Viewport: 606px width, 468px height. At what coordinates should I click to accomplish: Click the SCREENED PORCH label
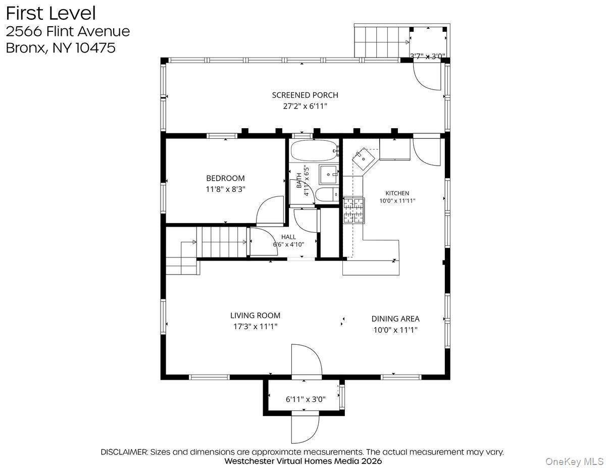pyautogui.click(x=305, y=95)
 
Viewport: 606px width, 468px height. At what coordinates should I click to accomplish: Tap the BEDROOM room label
pyautogui.click(x=225, y=178)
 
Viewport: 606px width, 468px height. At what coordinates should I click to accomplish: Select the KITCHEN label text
pyautogui.click(x=397, y=193)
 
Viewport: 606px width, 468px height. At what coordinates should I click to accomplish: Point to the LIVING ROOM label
pyautogui.click(x=255, y=315)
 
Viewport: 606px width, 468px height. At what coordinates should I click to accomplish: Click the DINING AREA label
pyautogui.click(x=395, y=319)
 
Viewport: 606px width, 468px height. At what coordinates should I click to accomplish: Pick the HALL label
pyautogui.click(x=288, y=237)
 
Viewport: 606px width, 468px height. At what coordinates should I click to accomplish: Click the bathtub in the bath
pyautogui.click(x=314, y=150)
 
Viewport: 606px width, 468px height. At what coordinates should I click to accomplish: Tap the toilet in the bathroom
pyautogui.click(x=328, y=194)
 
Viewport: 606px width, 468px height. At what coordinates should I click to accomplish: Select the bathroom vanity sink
pyautogui.click(x=329, y=175)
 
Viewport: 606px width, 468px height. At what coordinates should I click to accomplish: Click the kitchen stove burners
pyautogui.click(x=353, y=211)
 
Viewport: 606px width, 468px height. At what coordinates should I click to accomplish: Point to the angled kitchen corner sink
pyautogui.click(x=364, y=159)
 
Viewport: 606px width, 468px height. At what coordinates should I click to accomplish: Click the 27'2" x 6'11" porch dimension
pyautogui.click(x=305, y=106)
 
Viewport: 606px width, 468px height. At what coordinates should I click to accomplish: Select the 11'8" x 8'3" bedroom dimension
pyautogui.click(x=225, y=189)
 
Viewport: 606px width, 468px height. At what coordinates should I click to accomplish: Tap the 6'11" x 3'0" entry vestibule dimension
pyautogui.click(x=306, y=399)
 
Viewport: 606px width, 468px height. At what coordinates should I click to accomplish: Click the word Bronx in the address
pyautogui.click(x=25, y=48)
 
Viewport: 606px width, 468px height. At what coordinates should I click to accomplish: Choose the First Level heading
pyautogui.click(x=51, y=14)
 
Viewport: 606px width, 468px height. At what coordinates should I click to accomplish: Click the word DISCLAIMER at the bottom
pyautogui.click(x=124, y=452)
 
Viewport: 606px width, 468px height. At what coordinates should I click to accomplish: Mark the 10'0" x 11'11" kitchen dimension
pyautogui.click(x=397, y=201)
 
